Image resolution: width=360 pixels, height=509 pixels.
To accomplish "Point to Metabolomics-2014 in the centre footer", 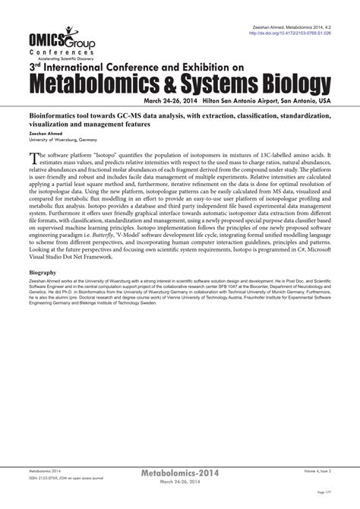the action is [x=180, y=473].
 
